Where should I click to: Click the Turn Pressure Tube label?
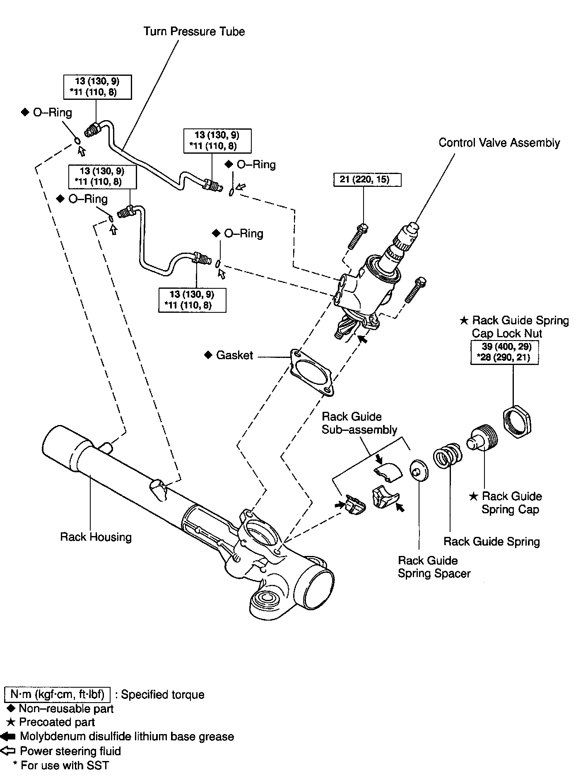[194, 32]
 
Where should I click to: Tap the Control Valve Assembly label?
[499, 143]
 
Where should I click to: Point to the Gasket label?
[234, 355]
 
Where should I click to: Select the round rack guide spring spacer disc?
[419, 470]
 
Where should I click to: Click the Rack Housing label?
[96, 537]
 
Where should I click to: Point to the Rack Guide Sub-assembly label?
[359, 423]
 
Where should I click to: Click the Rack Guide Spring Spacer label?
[434, 567]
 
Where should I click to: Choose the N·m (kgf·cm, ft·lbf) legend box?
[57, 694]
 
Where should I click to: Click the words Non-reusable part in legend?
[66, 709]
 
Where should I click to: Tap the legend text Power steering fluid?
[70, 751]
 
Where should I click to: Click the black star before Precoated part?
[11, 722]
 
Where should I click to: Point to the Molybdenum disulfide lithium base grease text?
[127, 737]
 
